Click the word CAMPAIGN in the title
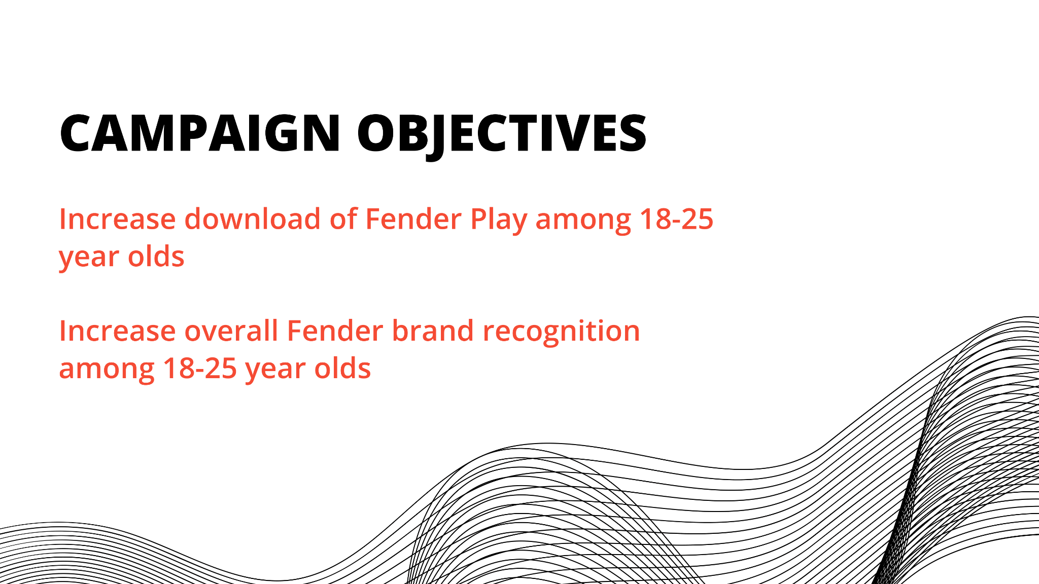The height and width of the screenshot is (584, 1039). click(200, 133)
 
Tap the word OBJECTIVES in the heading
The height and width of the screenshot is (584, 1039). click(502, 135)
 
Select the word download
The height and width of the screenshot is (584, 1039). click(253, 219)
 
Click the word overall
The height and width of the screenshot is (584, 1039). click(231, 331)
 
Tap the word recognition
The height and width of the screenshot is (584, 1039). click(562, 333)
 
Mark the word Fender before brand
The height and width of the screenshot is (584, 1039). click(335, 331)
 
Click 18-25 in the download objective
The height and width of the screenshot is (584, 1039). click(676, 220)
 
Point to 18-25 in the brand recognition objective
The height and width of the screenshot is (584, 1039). click(200, 369)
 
